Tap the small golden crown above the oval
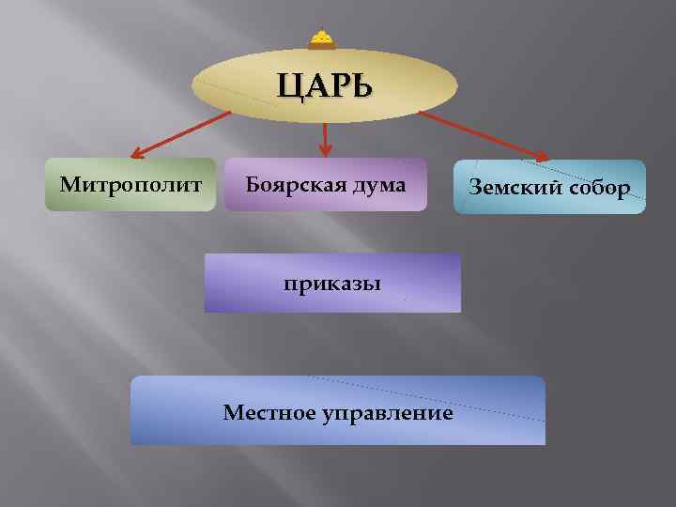pos(322,38)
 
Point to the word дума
pos(381,185)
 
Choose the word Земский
pos(512,188)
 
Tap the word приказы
pos(333,283)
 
